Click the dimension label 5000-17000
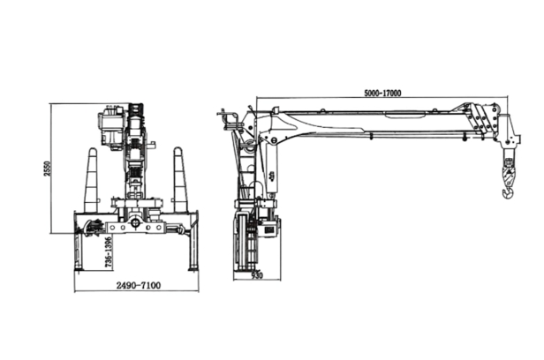pos(382,94)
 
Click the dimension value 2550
pos(48,169)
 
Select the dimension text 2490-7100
pos(139,286)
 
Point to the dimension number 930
pos(257,275)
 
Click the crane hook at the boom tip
pos(508,191)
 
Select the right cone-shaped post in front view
pos(180,180)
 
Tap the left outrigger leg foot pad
pos(79,268)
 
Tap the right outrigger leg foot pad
pos(193,268)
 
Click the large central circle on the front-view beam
pos(135,222)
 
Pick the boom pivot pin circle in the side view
pos(274,140)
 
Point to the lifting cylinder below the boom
pos(271,169)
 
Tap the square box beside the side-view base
pos(269,229)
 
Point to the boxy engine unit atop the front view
pos(111,126)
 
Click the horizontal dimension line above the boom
pos(382,98)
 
